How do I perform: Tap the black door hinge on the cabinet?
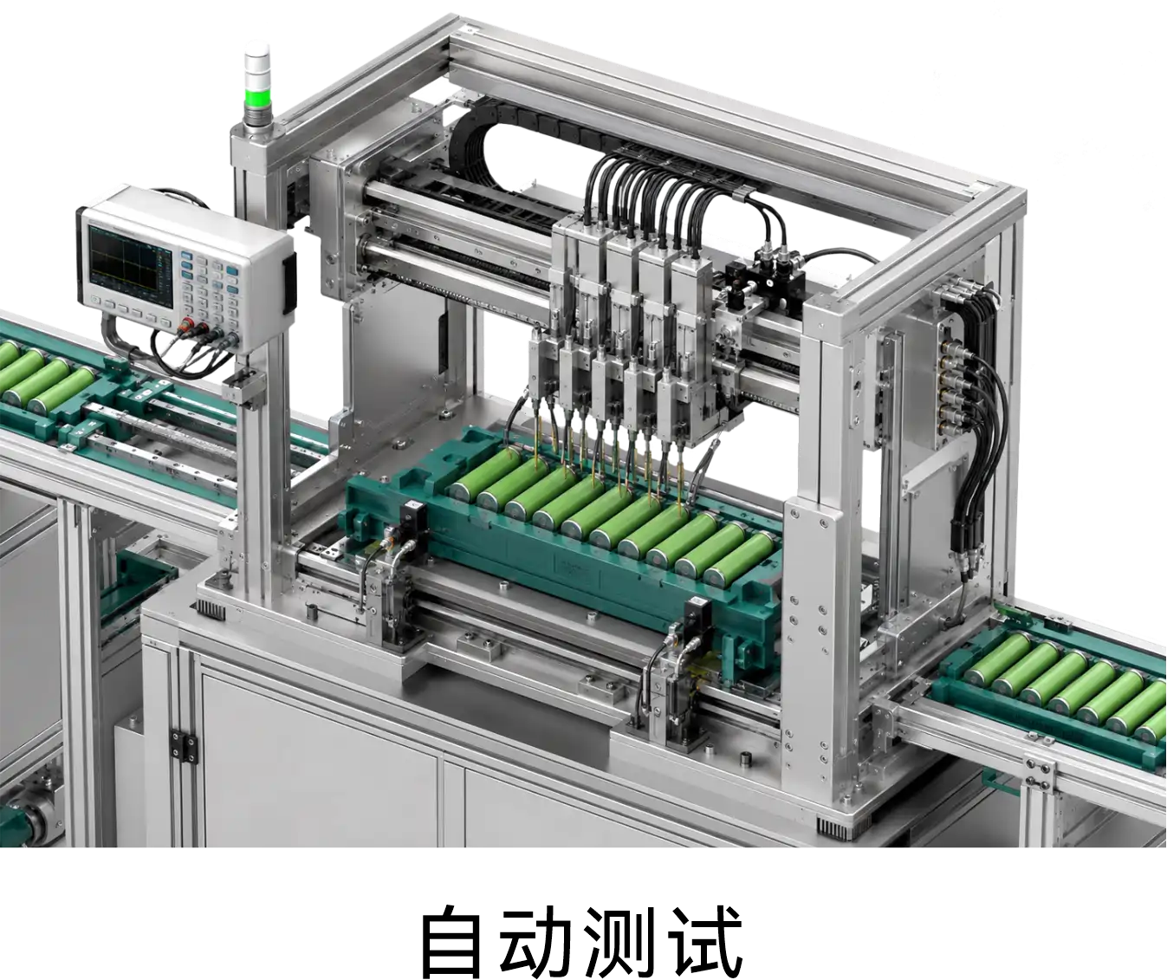point(185,746)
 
